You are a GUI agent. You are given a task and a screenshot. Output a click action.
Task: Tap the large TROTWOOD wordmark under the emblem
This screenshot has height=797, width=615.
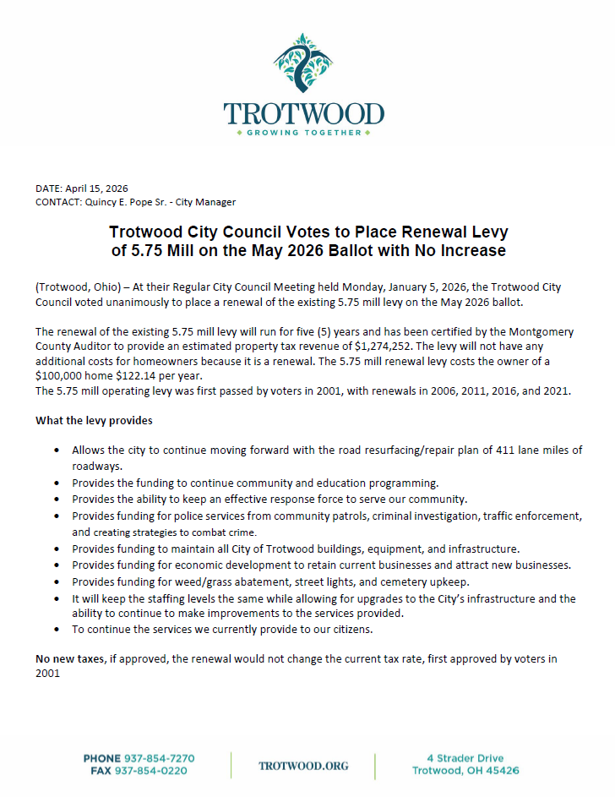click(x=304, y=114)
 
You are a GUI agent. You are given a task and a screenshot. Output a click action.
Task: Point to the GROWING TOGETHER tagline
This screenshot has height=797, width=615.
click(x=304, y=134)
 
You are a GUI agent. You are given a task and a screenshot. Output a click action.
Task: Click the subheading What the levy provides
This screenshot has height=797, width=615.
click(x=94, y=420)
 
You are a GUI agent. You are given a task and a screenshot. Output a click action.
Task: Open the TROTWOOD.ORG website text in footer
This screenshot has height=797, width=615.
click(x=303, y=765)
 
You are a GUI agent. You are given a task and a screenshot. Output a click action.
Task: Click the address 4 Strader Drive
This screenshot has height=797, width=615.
click(x=465, y=758)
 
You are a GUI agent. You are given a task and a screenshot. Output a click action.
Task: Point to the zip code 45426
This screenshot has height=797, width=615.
click(x=501, y=771)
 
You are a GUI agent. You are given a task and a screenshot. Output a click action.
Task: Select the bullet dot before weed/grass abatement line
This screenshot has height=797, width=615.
click(x=56, y=582)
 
